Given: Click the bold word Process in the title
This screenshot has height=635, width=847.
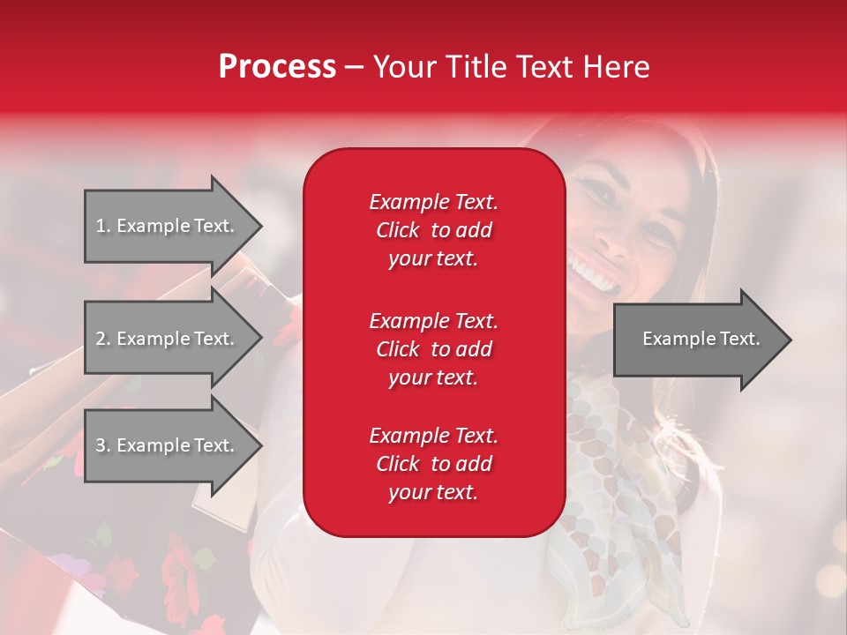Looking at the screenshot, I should click(277, 67).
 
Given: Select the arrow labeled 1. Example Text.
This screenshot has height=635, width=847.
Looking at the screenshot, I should click(165, 226).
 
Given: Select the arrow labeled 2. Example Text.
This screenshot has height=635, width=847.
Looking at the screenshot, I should click(165, 339).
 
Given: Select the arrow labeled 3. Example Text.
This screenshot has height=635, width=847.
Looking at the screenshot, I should click(165, 445).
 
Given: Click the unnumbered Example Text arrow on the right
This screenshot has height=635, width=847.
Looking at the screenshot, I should click(701, 339).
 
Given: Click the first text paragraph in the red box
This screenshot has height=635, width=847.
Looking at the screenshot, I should click(433, 230).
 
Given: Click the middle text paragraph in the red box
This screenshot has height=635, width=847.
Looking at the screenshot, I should click(433, 348).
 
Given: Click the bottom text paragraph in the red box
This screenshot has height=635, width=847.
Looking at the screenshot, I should click(433, 464).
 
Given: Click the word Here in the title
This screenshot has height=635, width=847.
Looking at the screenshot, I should click(618, 67).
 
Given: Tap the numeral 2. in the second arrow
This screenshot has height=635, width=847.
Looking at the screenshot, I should click(103, 339).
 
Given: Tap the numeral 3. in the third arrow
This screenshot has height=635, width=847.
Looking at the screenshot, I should click(103, 445).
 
